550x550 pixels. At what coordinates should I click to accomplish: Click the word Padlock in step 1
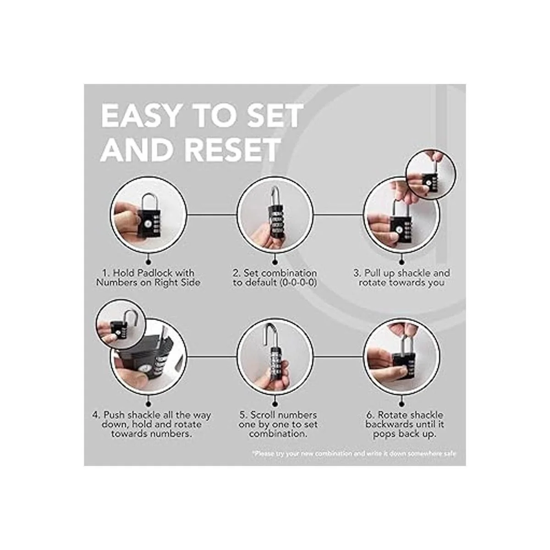coord(155,273)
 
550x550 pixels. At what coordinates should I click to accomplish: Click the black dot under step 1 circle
coord(148,261)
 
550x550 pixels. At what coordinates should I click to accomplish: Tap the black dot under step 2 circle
coord(275,261)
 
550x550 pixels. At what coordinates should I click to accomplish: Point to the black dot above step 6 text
coord(401,404)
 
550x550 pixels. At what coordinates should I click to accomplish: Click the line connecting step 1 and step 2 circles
coord(212,215)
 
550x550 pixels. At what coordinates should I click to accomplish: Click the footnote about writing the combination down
coord(354,454)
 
